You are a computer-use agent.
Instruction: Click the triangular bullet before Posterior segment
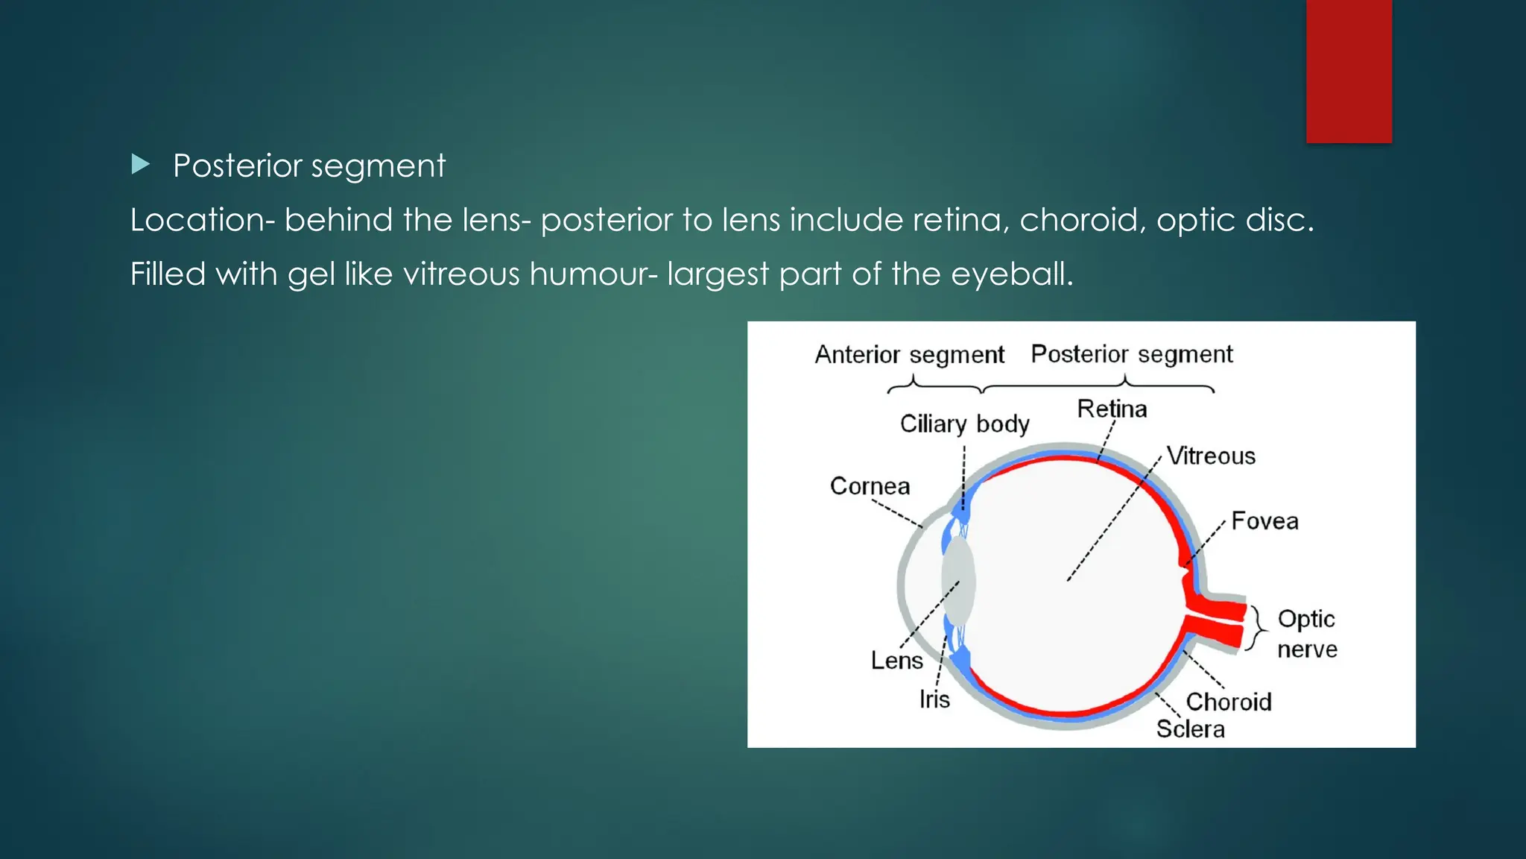(x=141, y=164)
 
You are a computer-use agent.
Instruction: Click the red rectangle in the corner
(x=1349, y=71)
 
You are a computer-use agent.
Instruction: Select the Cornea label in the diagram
(x=870, y=486)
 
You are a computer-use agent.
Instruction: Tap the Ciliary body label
(x=964, y=424)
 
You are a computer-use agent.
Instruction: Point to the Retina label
(x=1112, y=409)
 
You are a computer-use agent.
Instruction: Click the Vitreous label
(x=1211, y=456)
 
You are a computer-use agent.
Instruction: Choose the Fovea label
(x=1264, y=520)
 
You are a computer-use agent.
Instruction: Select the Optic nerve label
(x=1307, y=634)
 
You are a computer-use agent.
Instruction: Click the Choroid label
(x=1229, y=702)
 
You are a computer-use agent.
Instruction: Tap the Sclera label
(x=1190, y=729)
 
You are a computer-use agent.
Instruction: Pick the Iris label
(x=934, y=699)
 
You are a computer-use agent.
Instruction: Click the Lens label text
(x=896, y=661)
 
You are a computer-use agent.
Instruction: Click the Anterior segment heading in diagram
(x=909, y=354)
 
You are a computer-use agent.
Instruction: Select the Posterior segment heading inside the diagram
(x=1131, y=354)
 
